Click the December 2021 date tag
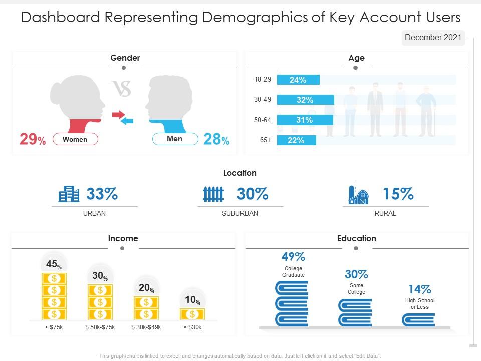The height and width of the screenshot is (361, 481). click(x=433, y=38)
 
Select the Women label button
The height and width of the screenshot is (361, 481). click(x=75, y=139)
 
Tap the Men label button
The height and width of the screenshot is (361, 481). click(x=175, y=138)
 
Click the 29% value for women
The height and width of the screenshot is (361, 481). click(x=32, y=140)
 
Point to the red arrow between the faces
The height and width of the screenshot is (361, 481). click(x=118, y=115)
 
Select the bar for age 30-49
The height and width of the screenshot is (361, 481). click(x=305, y=100)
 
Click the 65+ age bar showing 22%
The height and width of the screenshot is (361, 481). click(x=296, y=140)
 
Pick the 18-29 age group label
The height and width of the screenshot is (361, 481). click(x=263, y=80)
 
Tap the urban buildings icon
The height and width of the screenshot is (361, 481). click(x=69, y=194)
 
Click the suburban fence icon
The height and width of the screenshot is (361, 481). click(x=213, y=194)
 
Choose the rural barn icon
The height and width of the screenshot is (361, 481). click(x=358, y=194)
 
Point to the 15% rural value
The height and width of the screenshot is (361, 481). click(x=398, y=194)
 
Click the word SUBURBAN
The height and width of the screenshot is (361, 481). click(x=240, y=213)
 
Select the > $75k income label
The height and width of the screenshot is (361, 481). click(x=54, y=327)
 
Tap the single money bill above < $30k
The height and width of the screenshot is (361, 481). click(x=192, y=314)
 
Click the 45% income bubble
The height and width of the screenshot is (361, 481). click(x=54, y=264)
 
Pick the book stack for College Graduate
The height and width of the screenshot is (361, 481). click(x=292, y=303)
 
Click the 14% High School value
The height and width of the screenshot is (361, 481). click(x=419, y=289)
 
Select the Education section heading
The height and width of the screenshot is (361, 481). click(x=356, y=238)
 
